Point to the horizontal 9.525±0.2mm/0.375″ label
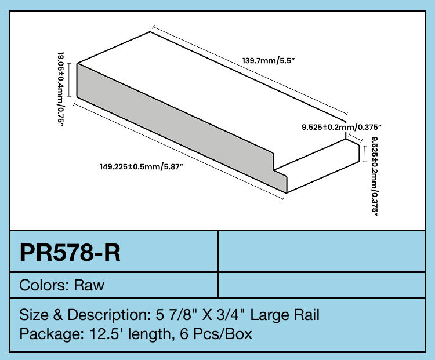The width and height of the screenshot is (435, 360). [x=342, y=126]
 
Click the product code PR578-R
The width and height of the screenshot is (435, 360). [x=70, y=253]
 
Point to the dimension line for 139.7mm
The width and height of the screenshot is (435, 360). [x=249, y=70]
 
